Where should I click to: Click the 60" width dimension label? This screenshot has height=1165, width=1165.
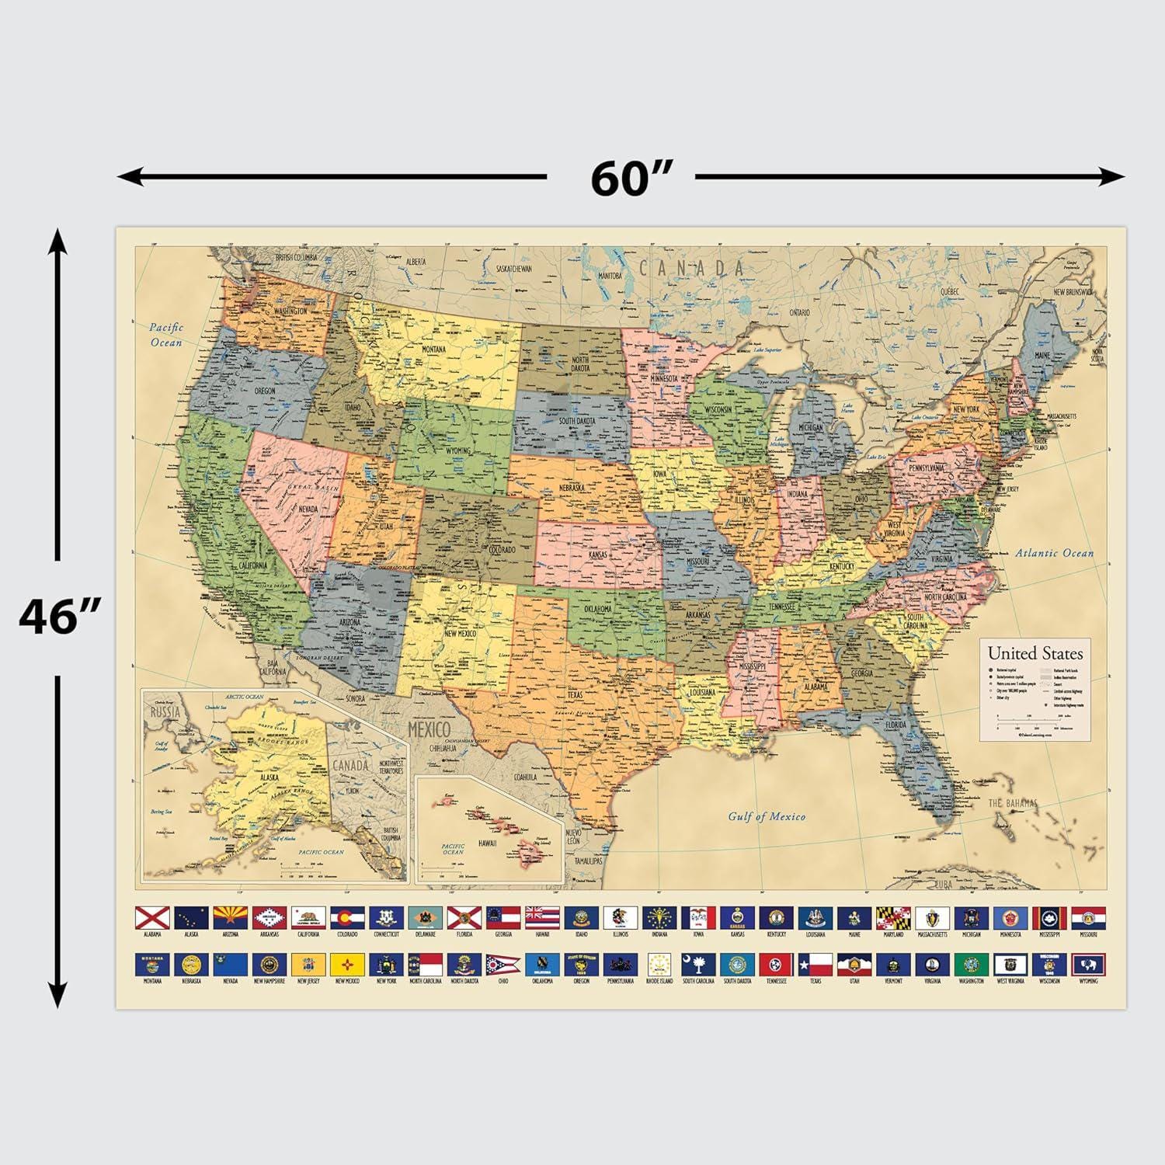630,178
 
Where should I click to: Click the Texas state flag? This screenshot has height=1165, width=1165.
815,965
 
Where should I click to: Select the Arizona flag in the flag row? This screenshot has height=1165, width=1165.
231,918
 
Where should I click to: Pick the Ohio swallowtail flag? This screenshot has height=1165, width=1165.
503,965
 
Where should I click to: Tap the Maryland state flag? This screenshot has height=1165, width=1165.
893,918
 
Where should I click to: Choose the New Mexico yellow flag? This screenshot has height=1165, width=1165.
347,965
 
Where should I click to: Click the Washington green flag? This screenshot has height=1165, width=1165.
971,965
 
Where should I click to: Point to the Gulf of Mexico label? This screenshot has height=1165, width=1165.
767,816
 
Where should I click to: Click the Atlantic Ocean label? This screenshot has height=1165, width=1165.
1054,553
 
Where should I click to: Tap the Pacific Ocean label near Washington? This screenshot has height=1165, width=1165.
166,335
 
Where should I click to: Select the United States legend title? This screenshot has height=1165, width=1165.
1035,653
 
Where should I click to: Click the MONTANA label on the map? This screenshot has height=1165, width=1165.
433,349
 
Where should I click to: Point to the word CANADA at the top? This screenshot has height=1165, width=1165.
691,269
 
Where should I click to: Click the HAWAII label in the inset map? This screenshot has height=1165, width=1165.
487,843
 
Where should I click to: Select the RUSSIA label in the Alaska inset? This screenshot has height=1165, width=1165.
165,712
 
